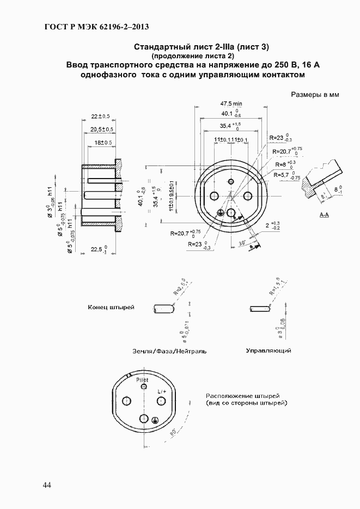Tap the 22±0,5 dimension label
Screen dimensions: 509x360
(x=100, y=116)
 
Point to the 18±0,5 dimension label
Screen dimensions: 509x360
(x=103, y=143)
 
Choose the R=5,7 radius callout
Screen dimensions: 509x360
(x=286, y=175)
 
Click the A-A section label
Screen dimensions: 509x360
(x=324, y=216)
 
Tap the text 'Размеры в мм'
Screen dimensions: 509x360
(x=315, y=94)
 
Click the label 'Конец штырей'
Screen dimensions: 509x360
(x=111, y=308)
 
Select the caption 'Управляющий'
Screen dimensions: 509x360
(x=269, y=351)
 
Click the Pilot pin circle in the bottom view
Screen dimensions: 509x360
(x=144, y=387)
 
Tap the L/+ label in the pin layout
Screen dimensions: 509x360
(x=162, y=391)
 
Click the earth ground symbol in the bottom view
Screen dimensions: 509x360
(x=155, y=420)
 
